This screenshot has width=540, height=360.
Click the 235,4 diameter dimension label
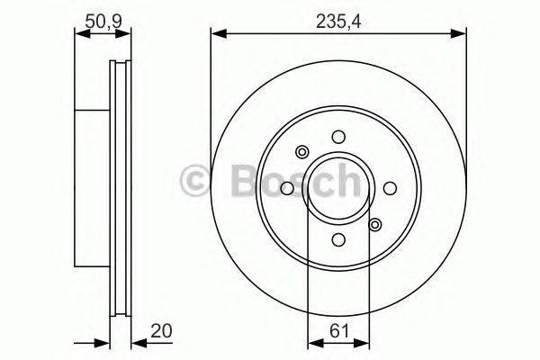(x=338, y=16)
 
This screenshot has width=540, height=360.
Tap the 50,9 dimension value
(x=103, y=16)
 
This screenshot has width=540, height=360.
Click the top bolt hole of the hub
(x=338, y=137)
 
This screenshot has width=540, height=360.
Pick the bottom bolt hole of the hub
(x=338, y=239)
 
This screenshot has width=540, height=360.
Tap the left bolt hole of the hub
(x=287, y=188)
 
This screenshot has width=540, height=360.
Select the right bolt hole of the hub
(x=390, y=188)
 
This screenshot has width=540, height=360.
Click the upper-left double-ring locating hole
(x=302, y=152)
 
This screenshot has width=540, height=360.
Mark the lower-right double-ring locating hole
(x=375, y=224)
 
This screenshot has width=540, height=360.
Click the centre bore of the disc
(x=338, y=188)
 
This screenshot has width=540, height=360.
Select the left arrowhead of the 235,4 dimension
(x=217, y=35)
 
